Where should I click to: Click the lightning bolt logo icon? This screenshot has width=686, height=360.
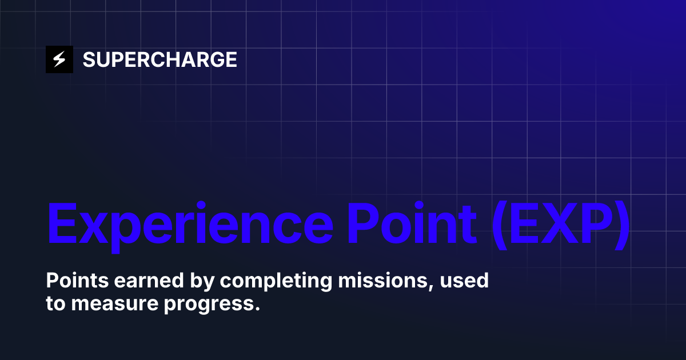[59, 59]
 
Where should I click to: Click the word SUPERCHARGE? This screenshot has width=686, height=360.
[159, 59]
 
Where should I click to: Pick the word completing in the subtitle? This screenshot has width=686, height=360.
[252, 282]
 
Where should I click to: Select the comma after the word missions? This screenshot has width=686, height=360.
[430, 287]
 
